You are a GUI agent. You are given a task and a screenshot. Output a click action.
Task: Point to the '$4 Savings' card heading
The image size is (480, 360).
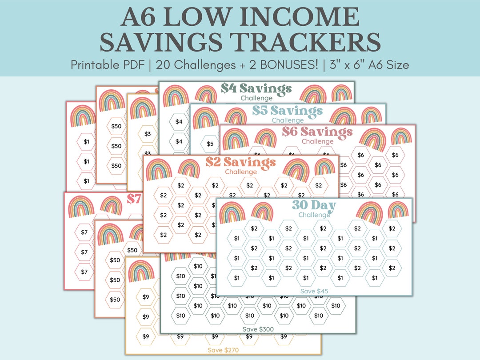(256, 88)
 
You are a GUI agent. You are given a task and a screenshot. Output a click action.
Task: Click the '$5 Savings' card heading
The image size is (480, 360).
(288, 111)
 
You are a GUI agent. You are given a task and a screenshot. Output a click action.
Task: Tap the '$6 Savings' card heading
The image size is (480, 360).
(317, 132)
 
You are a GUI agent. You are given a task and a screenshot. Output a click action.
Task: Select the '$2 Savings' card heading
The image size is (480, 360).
(240, 163)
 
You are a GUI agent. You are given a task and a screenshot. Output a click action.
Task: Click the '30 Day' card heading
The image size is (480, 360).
(314, 206)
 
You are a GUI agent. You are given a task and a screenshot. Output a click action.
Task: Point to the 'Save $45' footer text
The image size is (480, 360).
(314, 291)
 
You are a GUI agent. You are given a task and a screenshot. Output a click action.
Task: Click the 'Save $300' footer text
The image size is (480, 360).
(258, 329)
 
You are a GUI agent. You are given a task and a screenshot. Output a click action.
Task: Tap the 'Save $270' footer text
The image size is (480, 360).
(223, 350)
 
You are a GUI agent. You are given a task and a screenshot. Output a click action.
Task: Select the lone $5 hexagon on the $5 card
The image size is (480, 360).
(210, 144)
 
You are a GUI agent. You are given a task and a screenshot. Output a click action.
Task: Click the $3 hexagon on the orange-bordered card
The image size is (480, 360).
(148, 134)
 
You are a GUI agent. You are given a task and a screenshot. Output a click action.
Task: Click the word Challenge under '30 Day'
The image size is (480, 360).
(314, 215)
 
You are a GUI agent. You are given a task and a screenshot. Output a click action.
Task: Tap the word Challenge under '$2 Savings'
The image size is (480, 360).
(240, 172)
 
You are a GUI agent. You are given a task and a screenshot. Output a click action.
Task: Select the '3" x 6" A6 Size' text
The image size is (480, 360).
(368, 65)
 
